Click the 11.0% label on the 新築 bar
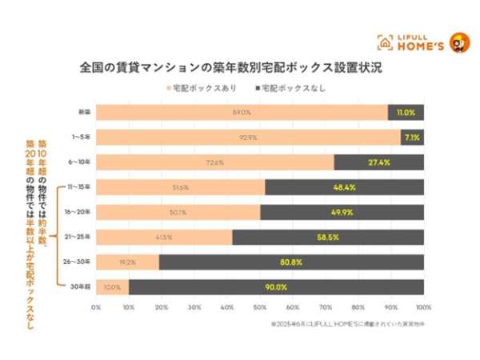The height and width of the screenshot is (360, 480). coord(406,113)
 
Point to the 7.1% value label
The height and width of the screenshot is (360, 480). coord(412,138)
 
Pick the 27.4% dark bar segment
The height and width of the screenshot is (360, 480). coord(378,162)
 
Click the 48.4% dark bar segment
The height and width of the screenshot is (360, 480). coord(344,187)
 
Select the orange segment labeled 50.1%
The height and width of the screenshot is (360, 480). coord(178,212)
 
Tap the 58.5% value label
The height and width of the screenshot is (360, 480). coord(327,237)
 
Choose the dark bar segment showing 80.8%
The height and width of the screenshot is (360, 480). coord(291,262)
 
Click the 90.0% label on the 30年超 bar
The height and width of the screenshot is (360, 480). coord(276,286)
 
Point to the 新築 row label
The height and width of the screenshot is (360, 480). coord(82,113)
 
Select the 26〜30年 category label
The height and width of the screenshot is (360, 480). coord(78,262)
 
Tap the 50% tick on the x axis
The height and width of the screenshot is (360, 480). coord(260,306)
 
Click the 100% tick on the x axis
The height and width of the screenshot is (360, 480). coord(423,306)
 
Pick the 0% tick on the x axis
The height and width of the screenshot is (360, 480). coord(96,306)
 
